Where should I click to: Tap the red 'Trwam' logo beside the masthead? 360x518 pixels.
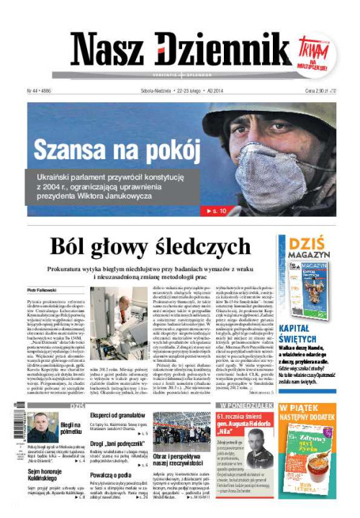315,53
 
